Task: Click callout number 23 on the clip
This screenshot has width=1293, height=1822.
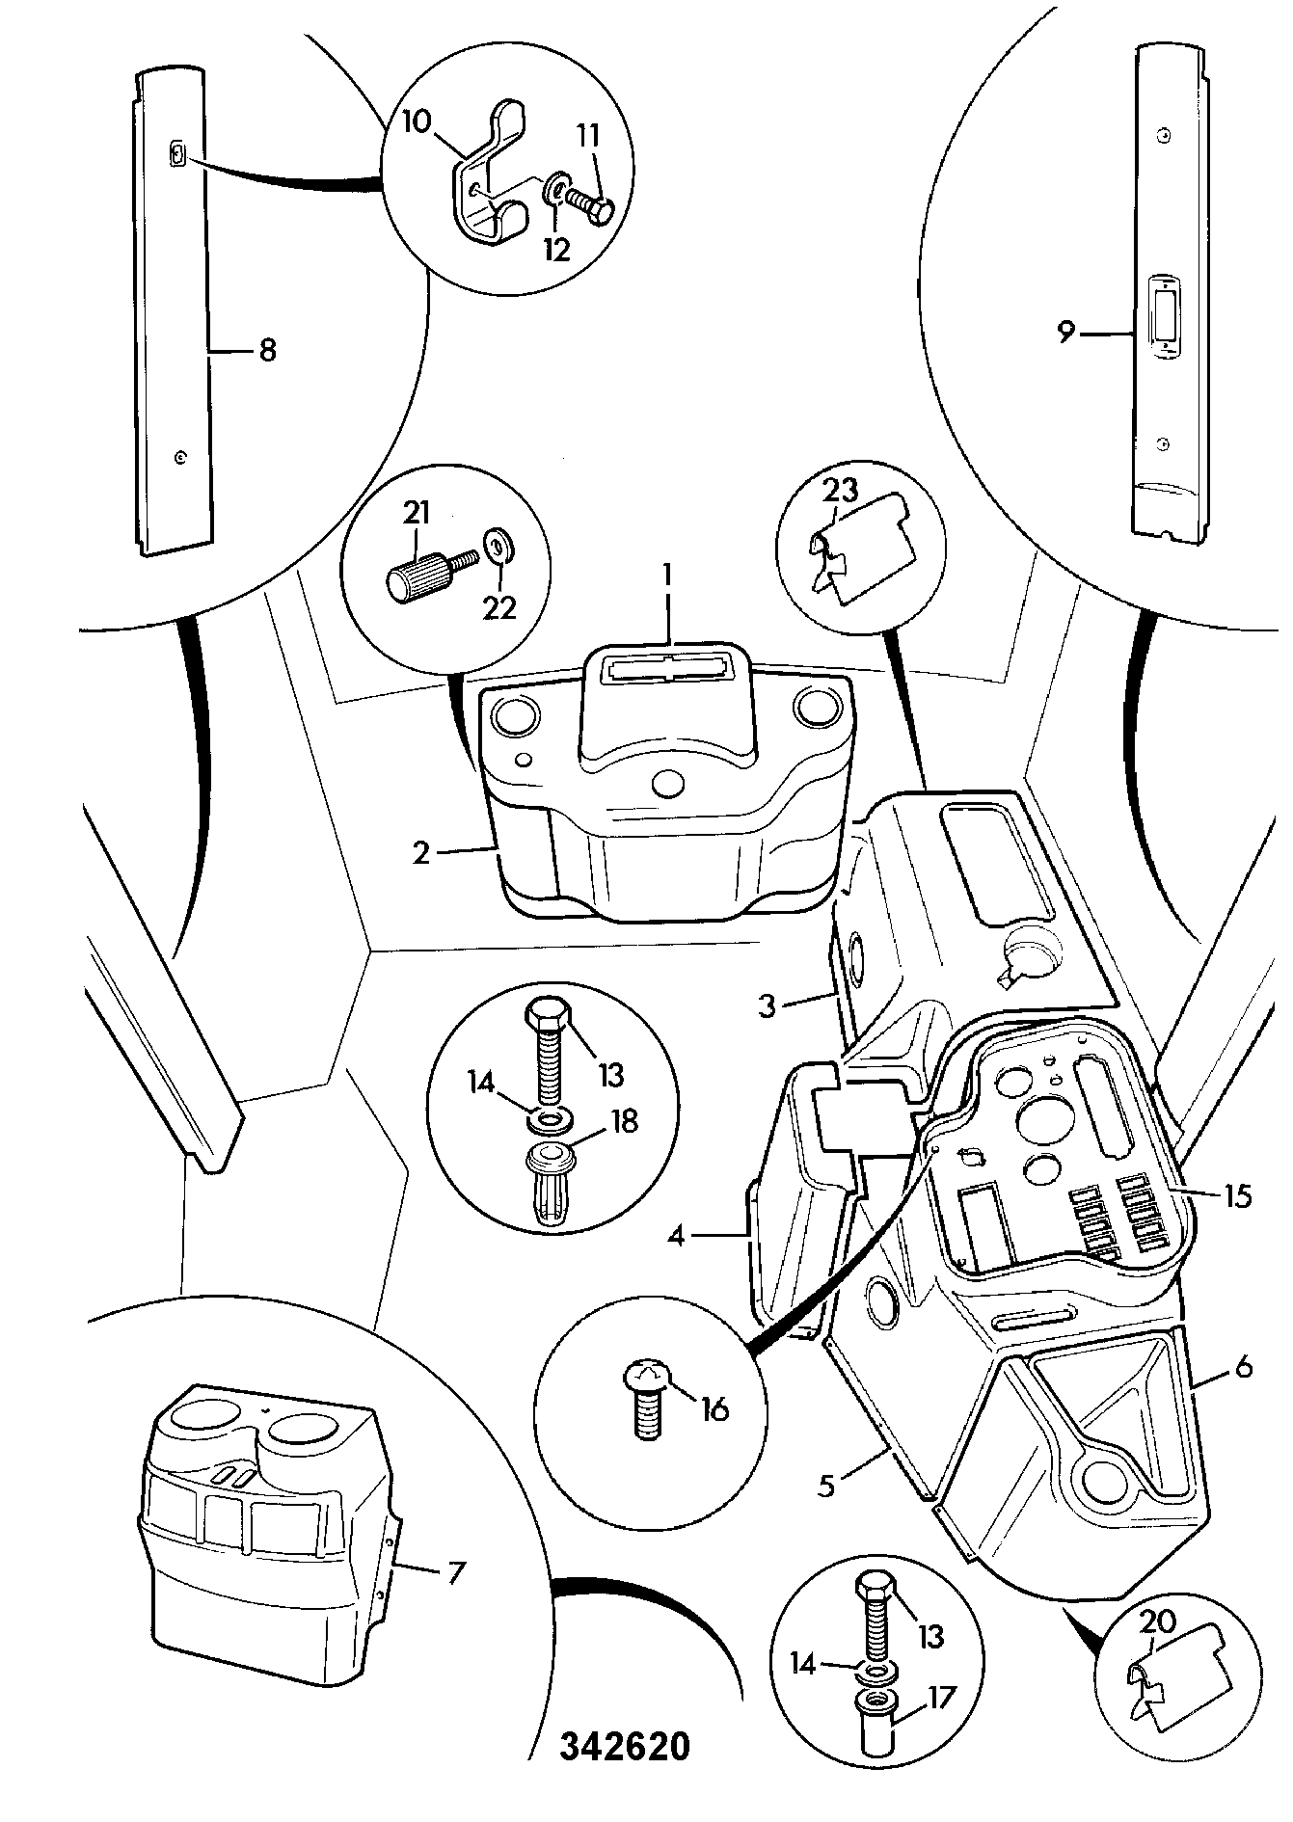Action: (841, 492)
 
